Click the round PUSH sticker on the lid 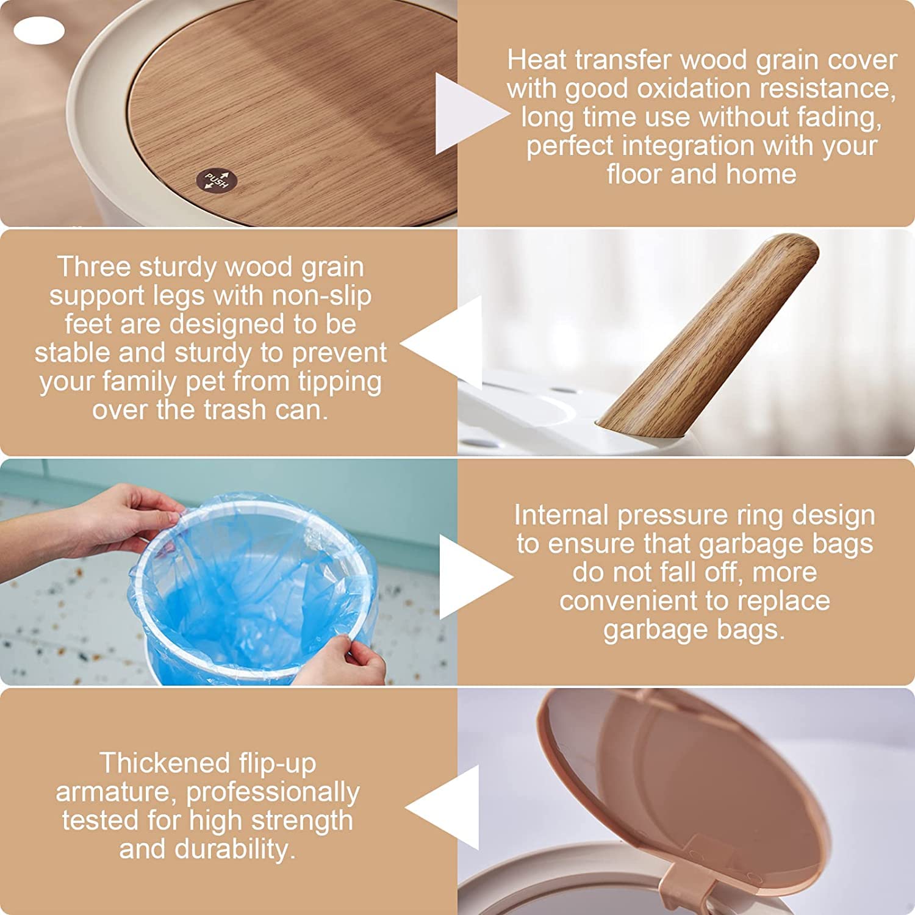click(216, 180)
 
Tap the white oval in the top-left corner click(39, 30)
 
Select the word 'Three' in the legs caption click(94, 267)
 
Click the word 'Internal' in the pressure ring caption click(561, 515)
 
